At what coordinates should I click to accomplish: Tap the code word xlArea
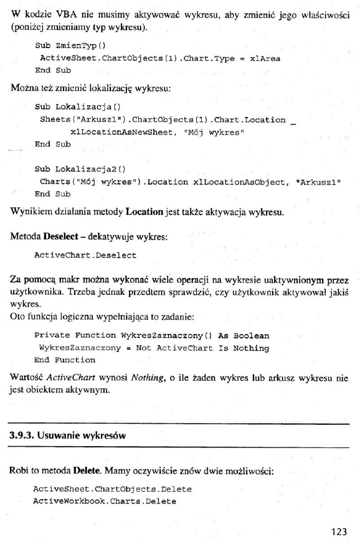click(x=265, y=59)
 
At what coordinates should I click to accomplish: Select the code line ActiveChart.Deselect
click(x=85, y=255)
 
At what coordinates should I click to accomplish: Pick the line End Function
click(x=65, y=360)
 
